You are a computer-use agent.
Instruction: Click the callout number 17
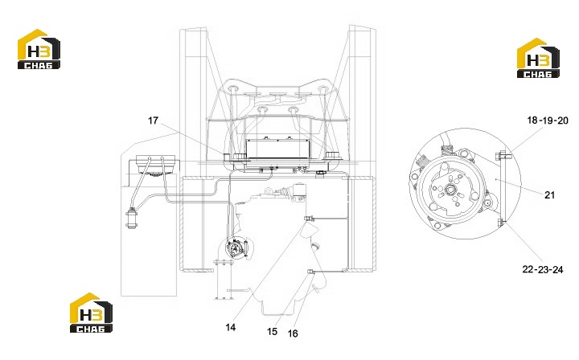point(153,121)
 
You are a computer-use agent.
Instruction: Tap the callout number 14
point(231,327)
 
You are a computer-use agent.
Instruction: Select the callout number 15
point(272,332)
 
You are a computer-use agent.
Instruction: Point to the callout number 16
point(293,333)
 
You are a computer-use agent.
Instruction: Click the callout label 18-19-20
point(548,121)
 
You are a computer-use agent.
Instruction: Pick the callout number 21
point(549,194)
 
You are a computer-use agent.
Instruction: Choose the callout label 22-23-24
point(543,269)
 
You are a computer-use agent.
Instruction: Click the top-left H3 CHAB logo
point(39,49)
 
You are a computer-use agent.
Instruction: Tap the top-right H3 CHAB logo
point(538,58)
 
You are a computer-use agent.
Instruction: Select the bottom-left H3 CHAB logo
point(91,313)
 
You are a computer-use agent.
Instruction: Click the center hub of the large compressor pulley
point(450,190)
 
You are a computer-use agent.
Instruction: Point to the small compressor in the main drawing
point(235,249)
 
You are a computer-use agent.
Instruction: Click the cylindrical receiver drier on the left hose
point(131,218)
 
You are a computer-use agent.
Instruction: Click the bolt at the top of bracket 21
point(503,155)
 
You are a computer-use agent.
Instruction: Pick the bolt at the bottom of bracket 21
point(501,223)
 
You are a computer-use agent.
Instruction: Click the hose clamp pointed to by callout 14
point(308,219)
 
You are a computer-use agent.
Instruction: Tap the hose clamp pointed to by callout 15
point(311,272)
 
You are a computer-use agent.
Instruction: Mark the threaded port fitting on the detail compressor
point(421,162)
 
